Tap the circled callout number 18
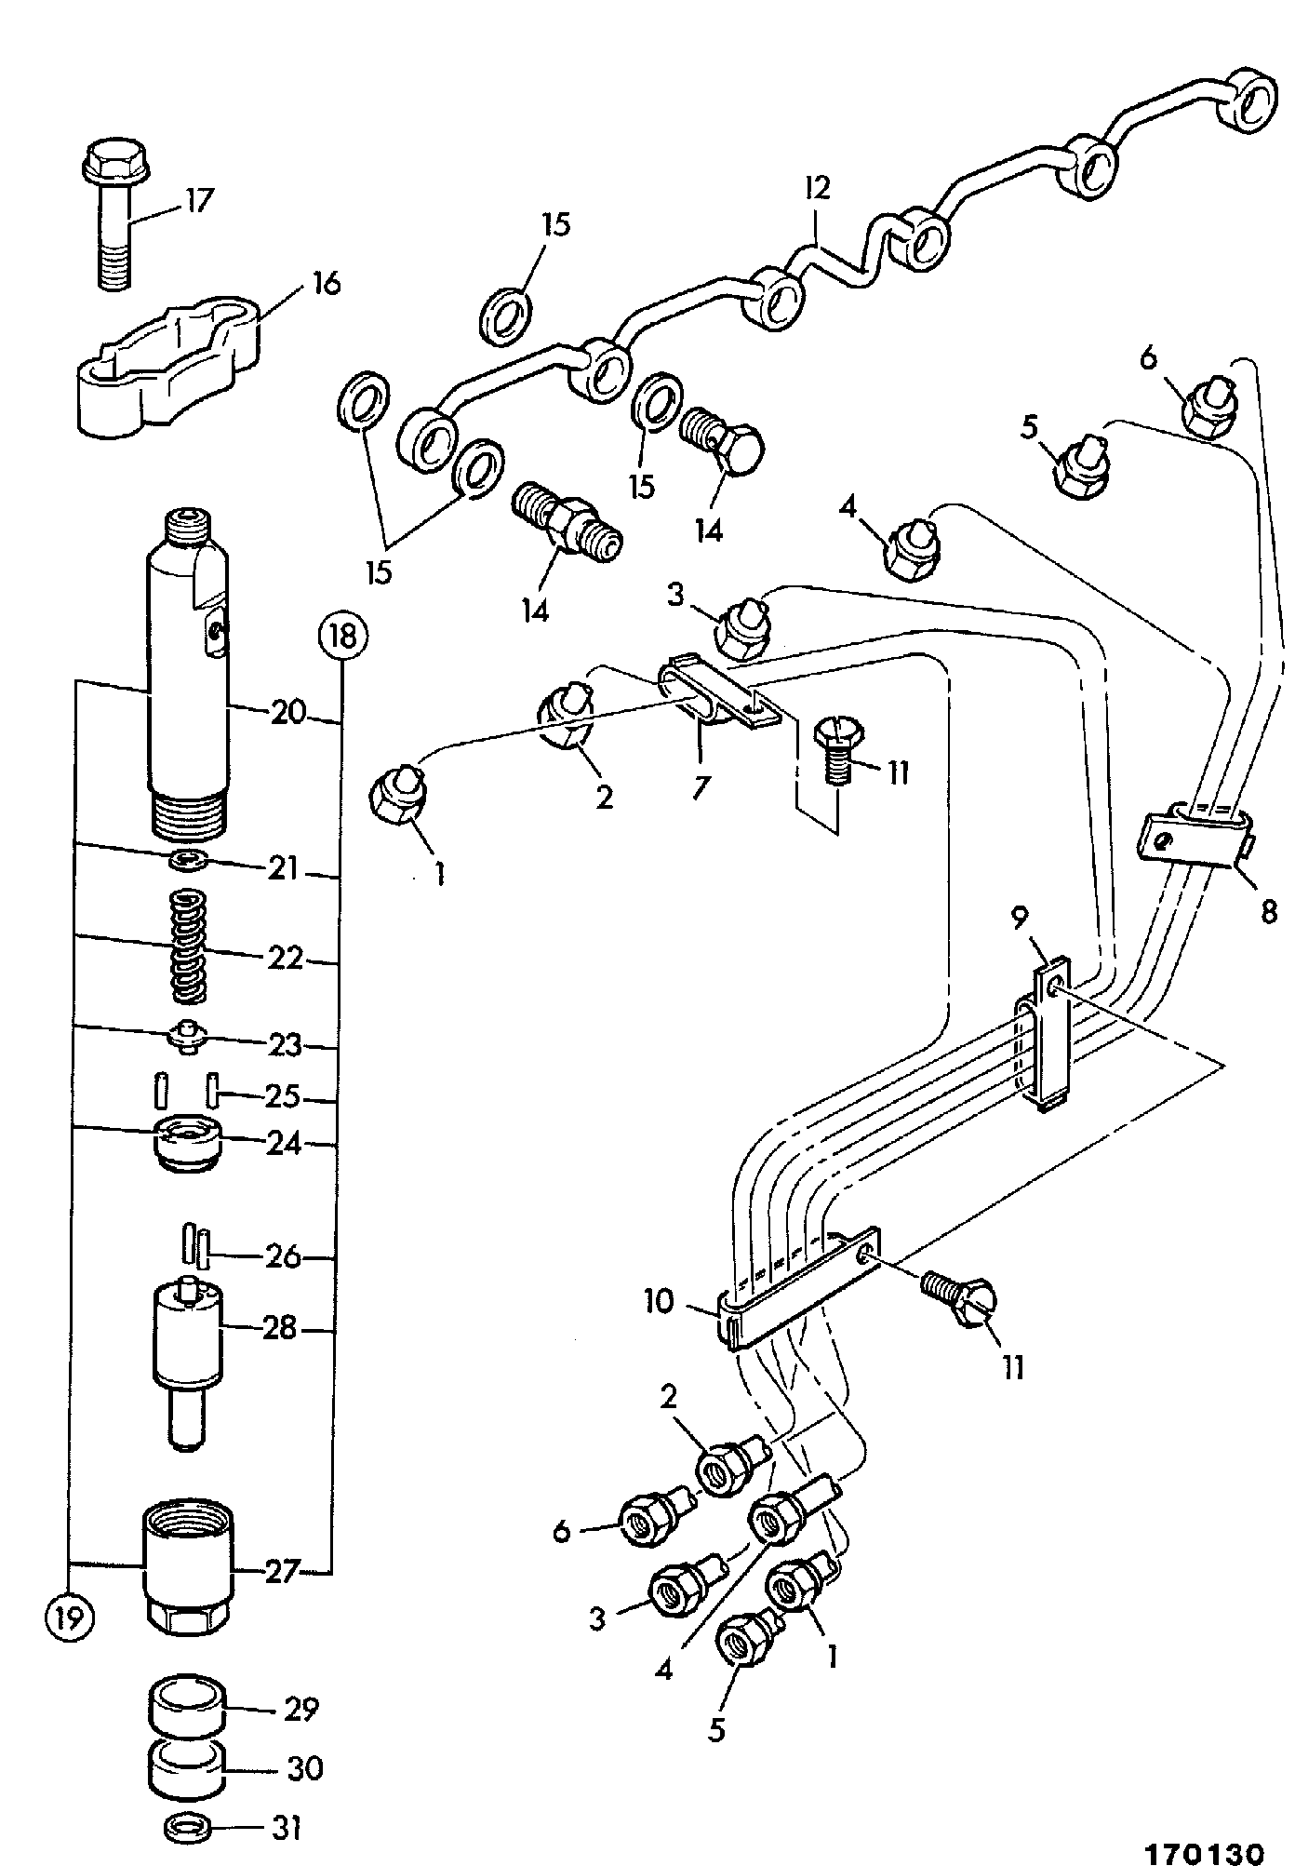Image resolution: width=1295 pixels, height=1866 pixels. (342, 637)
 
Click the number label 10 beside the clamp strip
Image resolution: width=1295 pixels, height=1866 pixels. (658, 1301)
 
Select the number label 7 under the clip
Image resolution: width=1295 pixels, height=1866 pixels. (700, 786)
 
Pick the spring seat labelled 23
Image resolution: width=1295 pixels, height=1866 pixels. (189, 1035)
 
